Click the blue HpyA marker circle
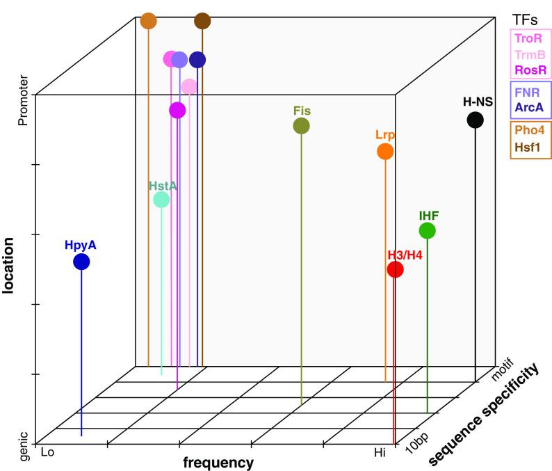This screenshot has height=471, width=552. [81, 262]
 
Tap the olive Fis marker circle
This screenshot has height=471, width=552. [301, 125]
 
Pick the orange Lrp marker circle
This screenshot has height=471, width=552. [384, 151]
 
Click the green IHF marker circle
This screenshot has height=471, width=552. [427, 230]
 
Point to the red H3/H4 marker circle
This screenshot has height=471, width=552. [395, 270]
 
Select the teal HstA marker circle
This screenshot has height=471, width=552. [161, 200]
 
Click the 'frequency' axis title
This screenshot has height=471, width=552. [218, 462]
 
